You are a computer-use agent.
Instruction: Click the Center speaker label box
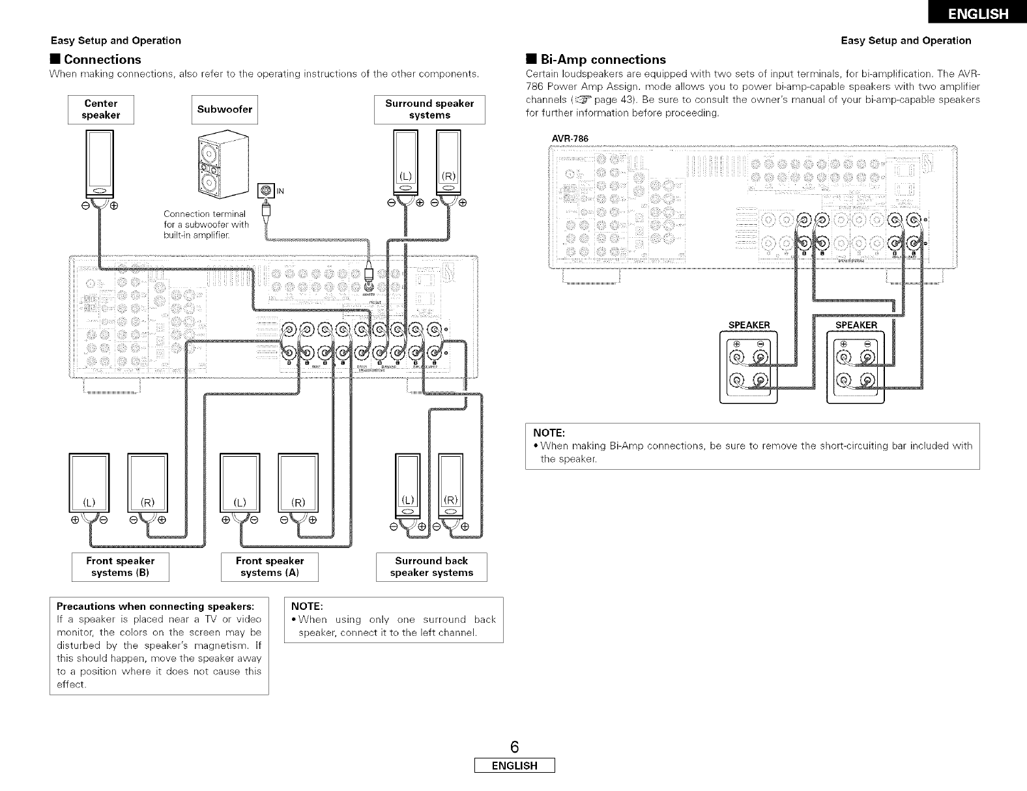pyautogui.click(x=101, y=109)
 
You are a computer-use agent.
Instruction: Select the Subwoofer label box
pyautogui.click(x=225, y=109)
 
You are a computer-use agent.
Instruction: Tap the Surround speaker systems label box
pyautogui.click(x=429, y=109)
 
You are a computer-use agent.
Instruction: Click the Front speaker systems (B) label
pyautogui.click(x=121, y=567)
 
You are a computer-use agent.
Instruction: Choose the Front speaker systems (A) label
pyautogui.click(x=270, y=567)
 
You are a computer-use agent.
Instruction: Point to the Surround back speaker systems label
pyautogui.click(x=431, y=567)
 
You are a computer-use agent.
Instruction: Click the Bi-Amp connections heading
pyautogui.click(x=603, y=60)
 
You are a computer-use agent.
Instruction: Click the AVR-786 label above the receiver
pyautogui.click(x=570, y=138)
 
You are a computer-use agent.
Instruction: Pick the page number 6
pyautogui.click(x=514, y=747)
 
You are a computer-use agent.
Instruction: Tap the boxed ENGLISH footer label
pyautogui.click(x=514, y=766)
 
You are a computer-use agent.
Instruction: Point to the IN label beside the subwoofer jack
pyautogui.click(x=280, y=191)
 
